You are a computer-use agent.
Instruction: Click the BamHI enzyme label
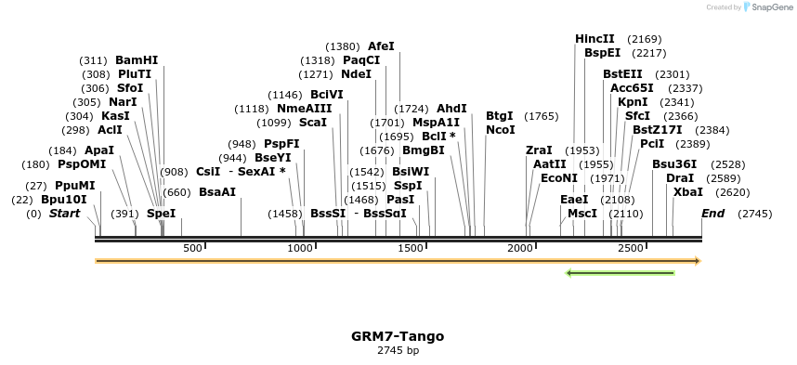[x=137, y=60]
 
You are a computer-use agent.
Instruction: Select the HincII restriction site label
[x=594, y=39]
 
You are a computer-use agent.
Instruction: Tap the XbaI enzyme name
[x=687, y=192]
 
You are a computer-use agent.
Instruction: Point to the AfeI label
[x=381, y=46]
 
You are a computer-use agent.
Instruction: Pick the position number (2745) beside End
[x=754, y=214]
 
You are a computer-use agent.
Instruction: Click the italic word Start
[x=65, y=214]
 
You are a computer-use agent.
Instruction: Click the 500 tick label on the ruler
[x=192, y=248]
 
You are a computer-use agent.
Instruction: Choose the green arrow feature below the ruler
[x=620, y=272]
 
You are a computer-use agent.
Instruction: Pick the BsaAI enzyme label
[x=217, y=192]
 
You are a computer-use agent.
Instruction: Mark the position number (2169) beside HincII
[x=644, y=39]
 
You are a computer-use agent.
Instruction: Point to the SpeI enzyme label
[x=161, y=214]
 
